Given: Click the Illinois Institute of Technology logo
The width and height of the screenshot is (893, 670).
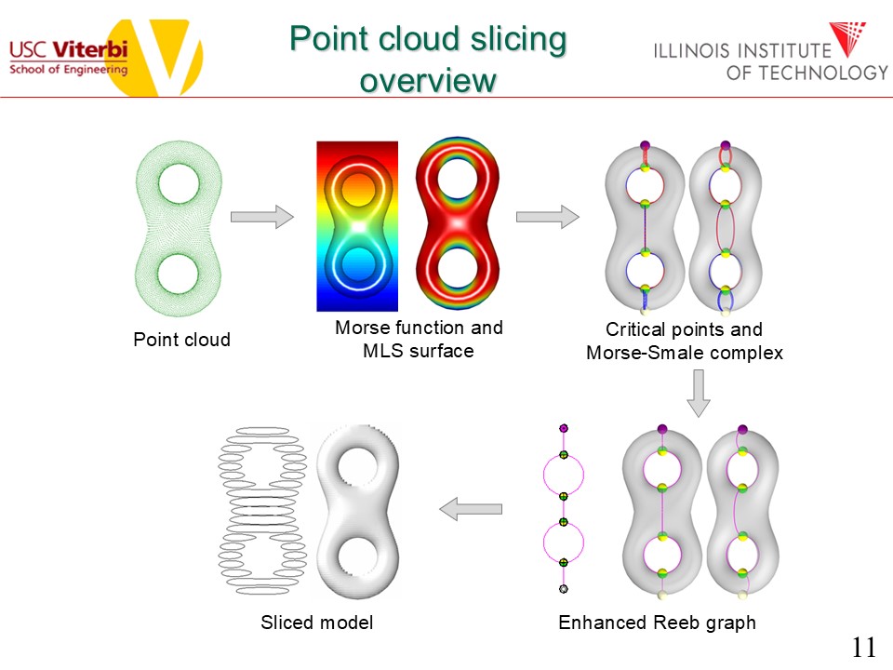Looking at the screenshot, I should tap(771, 52).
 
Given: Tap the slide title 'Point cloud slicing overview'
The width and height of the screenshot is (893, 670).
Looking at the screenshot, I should tap(427, 60).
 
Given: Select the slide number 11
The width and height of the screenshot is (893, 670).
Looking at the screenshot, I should tap(863, 648).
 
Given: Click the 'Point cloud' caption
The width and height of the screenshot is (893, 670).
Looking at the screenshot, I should tap(181, 340).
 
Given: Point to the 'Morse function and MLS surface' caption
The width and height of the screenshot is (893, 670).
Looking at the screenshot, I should tap(419, 339).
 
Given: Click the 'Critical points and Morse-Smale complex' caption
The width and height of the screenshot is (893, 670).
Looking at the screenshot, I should tap(684, 341).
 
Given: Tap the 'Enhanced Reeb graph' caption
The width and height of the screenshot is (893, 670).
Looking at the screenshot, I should tap(657, 623).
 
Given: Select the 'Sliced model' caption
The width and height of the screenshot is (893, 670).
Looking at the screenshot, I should tap(316, 623).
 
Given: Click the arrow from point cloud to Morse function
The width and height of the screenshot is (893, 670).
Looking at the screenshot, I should tap(261, 217).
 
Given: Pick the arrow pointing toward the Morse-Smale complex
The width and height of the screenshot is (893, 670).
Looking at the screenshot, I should tap(547, 217).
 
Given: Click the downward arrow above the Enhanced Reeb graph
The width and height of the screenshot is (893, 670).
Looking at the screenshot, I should tap(698, 393).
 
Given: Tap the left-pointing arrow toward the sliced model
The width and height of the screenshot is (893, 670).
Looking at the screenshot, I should tap(471, 509).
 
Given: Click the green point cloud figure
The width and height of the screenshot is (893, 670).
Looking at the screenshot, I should tap(179, 227).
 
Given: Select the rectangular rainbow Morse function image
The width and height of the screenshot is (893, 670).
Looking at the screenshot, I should tap(357, 226).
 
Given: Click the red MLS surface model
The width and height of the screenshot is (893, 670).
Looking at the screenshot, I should tap(456, 226).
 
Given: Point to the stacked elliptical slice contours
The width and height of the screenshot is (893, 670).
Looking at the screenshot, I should tap(260, 510).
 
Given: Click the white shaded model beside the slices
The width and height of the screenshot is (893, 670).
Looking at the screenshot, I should tap(357, 510).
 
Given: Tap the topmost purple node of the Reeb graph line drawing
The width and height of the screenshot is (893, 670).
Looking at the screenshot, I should tap(563, 428).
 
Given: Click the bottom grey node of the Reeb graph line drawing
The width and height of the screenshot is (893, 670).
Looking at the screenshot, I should tap(563, 589).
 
